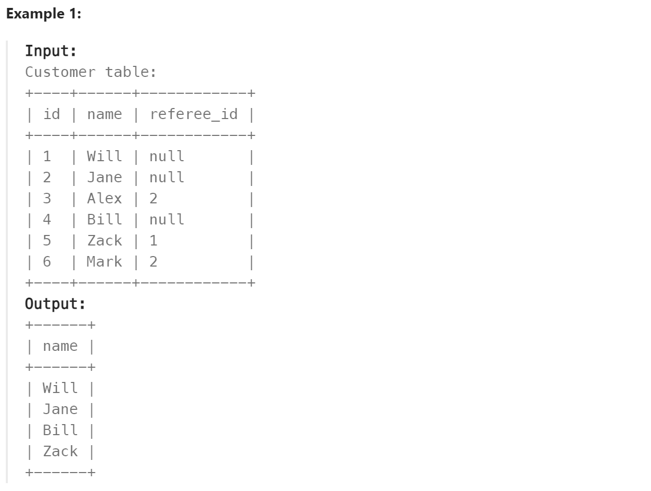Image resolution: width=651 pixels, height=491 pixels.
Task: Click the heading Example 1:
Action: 44,14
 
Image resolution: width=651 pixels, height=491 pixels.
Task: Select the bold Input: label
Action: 51,51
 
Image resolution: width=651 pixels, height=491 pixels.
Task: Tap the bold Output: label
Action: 55,304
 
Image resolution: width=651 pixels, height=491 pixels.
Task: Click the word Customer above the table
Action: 61,72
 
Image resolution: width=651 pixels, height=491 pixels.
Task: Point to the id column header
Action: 52,114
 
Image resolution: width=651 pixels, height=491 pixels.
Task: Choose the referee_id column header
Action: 193,114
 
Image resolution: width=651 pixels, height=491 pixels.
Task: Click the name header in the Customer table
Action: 104,114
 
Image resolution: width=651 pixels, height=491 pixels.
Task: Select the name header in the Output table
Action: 60,346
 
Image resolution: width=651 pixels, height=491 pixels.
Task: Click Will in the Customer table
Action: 104,156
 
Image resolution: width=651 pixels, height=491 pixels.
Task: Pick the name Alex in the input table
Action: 104,199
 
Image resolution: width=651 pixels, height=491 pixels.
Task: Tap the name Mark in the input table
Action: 104,262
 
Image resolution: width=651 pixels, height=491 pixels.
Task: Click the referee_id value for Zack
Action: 153,241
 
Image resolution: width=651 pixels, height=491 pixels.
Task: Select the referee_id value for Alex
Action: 153,199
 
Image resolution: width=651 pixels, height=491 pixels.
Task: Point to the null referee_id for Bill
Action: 167,220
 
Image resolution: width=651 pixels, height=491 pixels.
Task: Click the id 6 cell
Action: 47,262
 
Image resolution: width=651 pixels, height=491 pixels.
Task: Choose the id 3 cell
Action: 47,199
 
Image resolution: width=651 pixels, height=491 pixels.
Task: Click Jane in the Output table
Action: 60,409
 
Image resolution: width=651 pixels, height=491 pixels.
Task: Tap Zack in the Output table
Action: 60,451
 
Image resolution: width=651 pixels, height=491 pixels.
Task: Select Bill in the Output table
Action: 60,430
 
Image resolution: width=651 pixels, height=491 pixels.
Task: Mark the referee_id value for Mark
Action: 153,262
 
